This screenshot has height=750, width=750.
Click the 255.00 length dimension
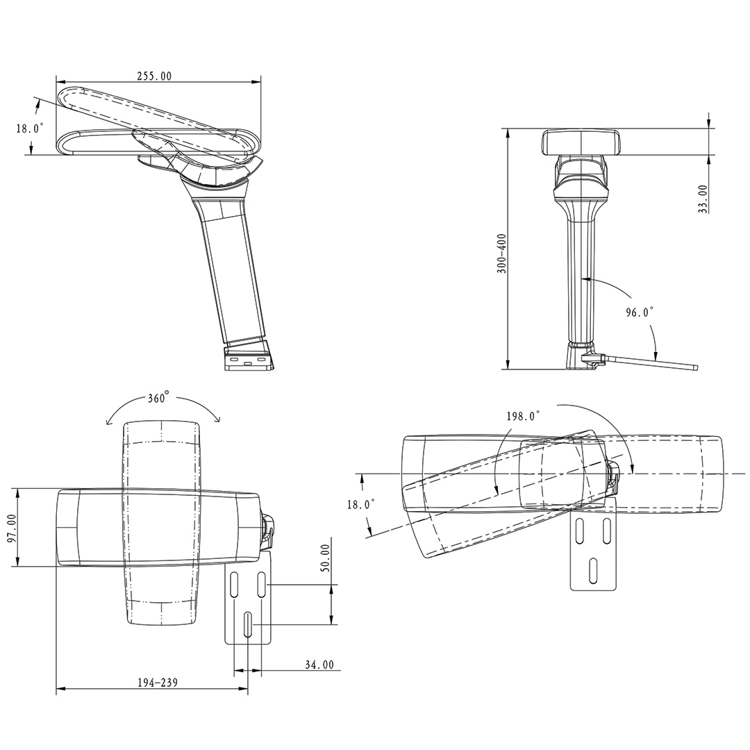click(x=154, y=76)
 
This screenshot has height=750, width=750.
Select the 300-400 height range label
click(x=502, y=253)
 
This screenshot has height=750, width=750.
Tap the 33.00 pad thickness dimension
click(x=703, y=199)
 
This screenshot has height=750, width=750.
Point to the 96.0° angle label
click(x=640, y=312)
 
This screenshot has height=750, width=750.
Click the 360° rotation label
click(x=158, y=399)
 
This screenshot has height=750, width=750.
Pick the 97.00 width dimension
click(x=11, y=529)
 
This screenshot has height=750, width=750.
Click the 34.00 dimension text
click(x=319, y=665)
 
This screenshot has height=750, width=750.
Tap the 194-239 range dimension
click(x=157, y=683)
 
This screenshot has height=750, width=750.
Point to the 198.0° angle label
click(x=523, y=416)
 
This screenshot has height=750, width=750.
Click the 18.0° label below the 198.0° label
click(x=360, y=504)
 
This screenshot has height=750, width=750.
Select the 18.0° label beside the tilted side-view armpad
click(x=30, y=128)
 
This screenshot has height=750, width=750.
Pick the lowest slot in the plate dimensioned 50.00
click(x=248, y=623)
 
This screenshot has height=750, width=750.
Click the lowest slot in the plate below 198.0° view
click(x=592, y=569)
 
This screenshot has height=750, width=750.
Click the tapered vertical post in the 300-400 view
click(x=581, y=278)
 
